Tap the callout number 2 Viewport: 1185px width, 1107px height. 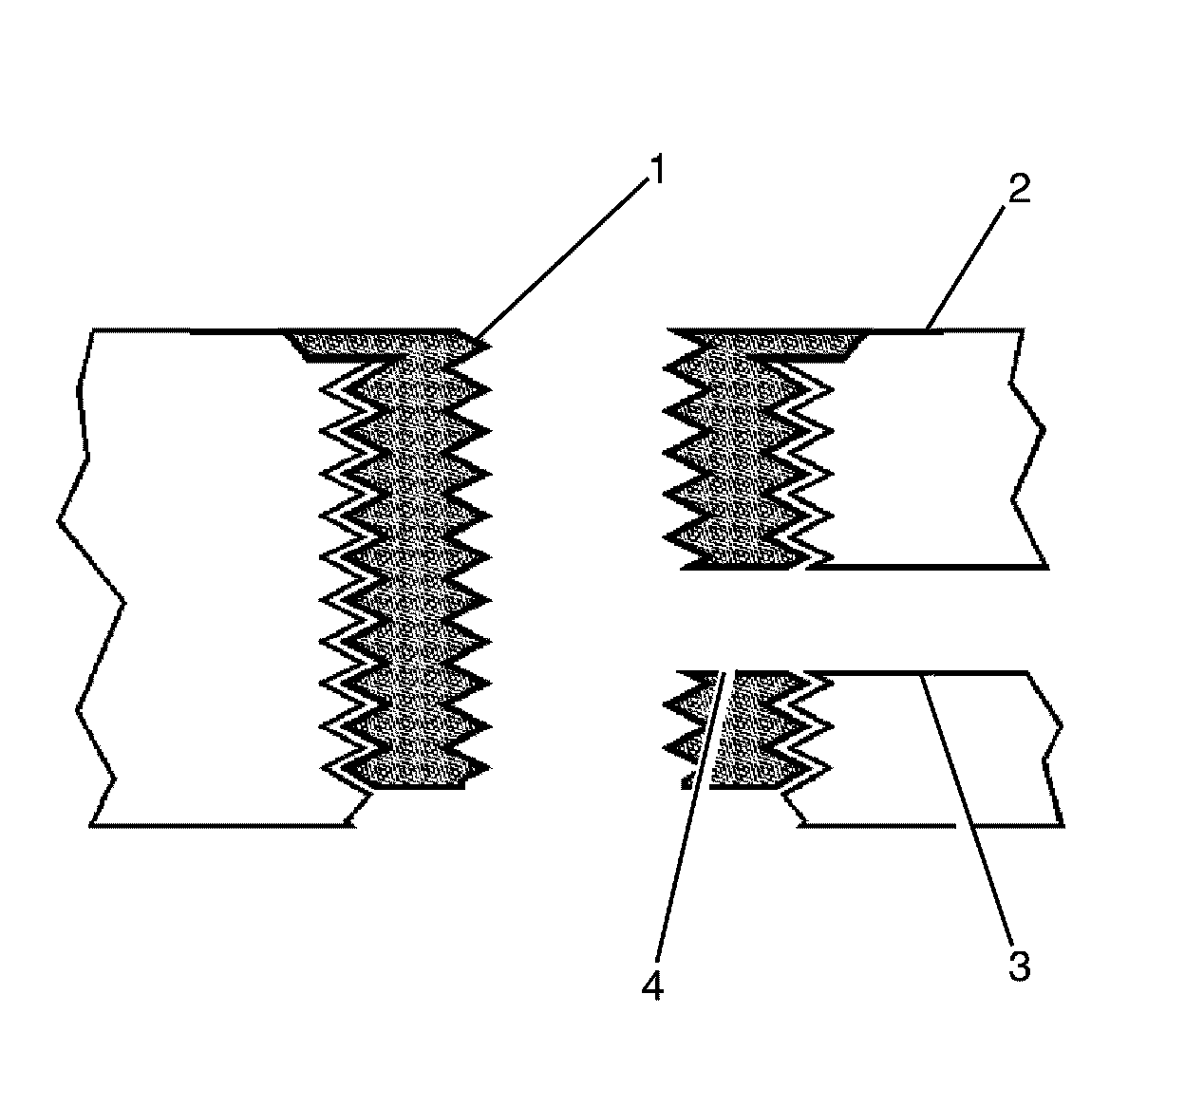point(1020,190)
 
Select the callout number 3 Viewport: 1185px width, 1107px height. point(1019,967)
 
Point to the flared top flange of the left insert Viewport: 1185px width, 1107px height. point(380,344)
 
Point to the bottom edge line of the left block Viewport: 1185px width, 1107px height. point(218,824)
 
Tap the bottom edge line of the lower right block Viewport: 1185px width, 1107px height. point(931,824)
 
